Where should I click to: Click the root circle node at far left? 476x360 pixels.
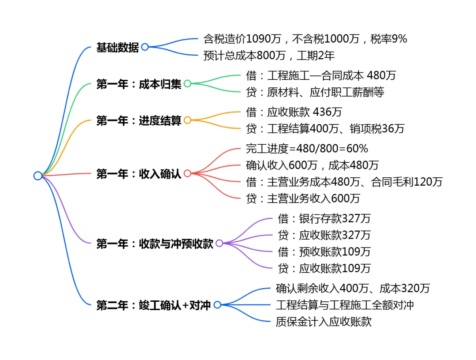coord(38,176)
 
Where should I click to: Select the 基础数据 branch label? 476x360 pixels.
coord(117,48)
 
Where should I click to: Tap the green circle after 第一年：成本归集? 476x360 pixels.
coord(187,84)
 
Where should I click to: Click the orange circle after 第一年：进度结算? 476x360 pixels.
coord(187,120)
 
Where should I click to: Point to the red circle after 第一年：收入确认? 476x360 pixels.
coord(187,173)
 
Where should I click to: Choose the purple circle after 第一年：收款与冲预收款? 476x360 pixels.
coord(219,243)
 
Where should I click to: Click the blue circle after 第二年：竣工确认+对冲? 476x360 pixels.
coord(217,305)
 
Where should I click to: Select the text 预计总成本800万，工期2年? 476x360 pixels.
coord(269,56)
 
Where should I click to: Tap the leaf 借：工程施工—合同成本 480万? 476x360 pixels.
coord(321,75)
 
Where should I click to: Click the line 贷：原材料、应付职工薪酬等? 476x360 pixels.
coord(315,92)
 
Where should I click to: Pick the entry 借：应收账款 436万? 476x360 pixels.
coord(294,112)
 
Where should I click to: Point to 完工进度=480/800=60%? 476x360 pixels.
coord(307,148)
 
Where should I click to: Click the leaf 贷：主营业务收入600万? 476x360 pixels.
coord(303,199)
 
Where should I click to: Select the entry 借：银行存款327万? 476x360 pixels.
coord(324,218)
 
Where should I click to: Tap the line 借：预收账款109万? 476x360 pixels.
coord(324,251)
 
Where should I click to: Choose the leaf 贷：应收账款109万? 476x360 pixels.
coord(324,268)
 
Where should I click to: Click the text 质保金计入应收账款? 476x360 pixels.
coord(324,322)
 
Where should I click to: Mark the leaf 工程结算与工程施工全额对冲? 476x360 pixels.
coord(345,305)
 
